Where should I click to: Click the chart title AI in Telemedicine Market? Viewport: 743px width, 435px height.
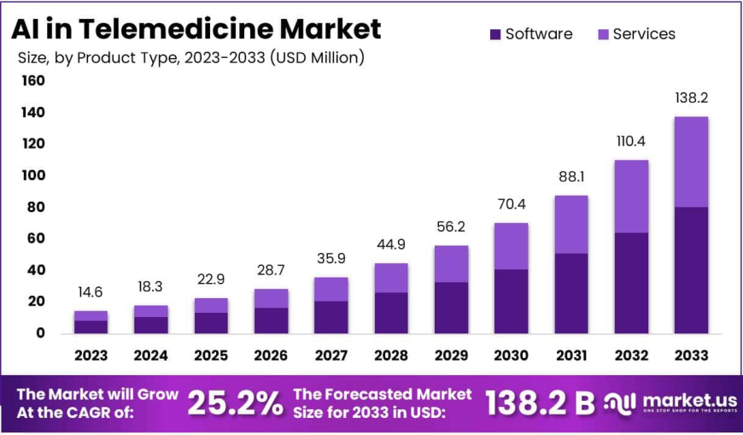point(196,29)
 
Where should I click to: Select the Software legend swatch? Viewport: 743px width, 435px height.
point(495,34)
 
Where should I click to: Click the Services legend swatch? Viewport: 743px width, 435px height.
point(601,34)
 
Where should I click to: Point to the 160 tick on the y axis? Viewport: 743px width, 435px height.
point(32,81)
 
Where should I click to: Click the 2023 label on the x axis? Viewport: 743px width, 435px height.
point(91,356)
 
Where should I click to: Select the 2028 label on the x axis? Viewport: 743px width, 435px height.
point(390,356)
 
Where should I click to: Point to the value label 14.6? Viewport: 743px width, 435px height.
point(91,291)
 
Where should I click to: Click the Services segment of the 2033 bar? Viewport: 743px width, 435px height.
point(690,162)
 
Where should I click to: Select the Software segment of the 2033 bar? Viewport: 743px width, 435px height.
point(690,270)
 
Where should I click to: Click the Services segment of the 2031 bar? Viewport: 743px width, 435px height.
point(570,224)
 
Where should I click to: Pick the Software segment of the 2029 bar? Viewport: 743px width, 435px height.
point(451,308)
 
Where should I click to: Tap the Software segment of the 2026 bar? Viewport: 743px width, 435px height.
point(271,320)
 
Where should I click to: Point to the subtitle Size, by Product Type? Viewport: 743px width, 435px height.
point(191,58)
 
